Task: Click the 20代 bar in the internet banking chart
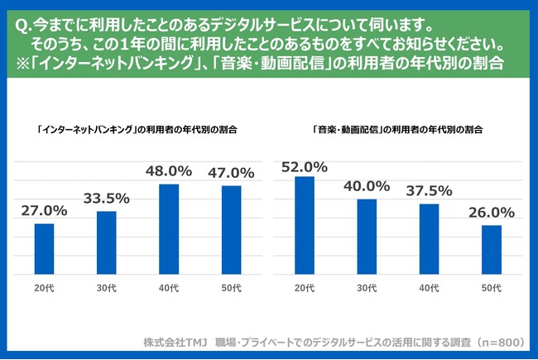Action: point(44,250)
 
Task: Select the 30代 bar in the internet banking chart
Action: point(106,244)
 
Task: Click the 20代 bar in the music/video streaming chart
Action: point(305,227)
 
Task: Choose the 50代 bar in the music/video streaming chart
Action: point(492,251)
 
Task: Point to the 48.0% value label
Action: point(169,171)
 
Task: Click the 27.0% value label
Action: point(44,211)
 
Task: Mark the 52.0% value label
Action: point(305,166)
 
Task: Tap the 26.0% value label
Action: point(492,213)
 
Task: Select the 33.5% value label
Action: point(106,199)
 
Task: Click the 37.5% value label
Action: point(429,191)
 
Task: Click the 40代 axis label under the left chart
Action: point(169,288)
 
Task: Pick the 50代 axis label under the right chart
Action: point(492,288)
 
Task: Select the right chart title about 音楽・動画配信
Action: point(398,130)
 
